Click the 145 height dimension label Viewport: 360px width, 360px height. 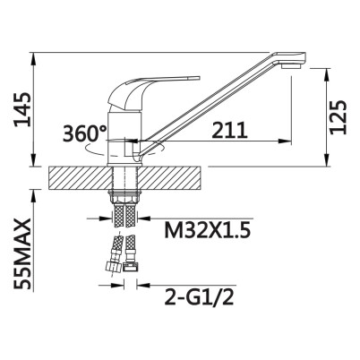(x=22, y=109)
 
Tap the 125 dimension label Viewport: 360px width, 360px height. (x=339, y=117)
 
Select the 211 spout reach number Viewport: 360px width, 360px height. (x=229, y=130)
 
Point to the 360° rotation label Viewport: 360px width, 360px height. (x=85, y=133)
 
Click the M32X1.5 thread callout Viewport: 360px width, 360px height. (x=206, y=230)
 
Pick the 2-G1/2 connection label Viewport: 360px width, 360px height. (x=199, y=296)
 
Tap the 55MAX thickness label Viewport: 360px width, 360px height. (x=22, y=253)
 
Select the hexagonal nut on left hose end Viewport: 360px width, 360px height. (x=112, y=267)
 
